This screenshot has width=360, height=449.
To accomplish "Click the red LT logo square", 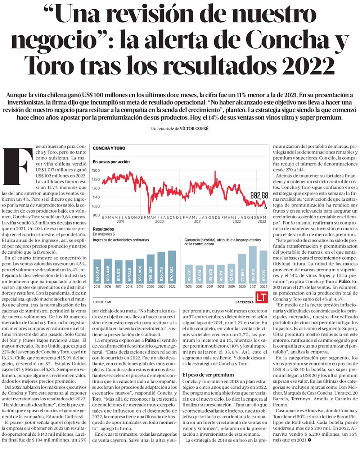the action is click(x=262, y=297).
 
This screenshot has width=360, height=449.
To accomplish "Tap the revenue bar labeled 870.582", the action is click(x=172, y=267).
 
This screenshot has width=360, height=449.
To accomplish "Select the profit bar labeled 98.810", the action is click(x=253, y=265).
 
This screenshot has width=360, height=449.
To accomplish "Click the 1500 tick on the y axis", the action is click(x=96, y=170).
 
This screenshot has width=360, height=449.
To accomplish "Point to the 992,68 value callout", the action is click(x=259, y=196).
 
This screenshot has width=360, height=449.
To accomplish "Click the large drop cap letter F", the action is click(x=18, y=166).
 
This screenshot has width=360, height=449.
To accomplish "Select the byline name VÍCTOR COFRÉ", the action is click(x=194, y=129).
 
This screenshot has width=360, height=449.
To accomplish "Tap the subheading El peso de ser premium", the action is click(x=208, y=375).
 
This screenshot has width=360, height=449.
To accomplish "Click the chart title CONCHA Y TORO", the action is click(x=109, y=148).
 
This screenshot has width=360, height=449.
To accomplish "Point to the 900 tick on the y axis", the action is click(x=97, y=215).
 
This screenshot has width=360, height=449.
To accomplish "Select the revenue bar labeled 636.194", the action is click(x=97, y=271).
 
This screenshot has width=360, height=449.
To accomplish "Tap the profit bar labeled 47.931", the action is click(x=199, y=275).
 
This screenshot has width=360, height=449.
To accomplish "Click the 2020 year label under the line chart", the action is click(x=159, y=221).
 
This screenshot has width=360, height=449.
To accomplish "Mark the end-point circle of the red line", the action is click(x=266, y=208).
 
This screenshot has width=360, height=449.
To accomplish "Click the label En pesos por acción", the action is click(x=111, y=162).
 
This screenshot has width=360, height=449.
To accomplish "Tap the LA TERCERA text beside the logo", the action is click(x=244, y=302).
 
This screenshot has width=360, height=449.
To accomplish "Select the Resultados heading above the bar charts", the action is click(x=103, y=229).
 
